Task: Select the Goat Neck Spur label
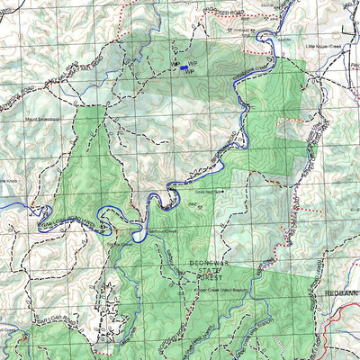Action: pos(208,191)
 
